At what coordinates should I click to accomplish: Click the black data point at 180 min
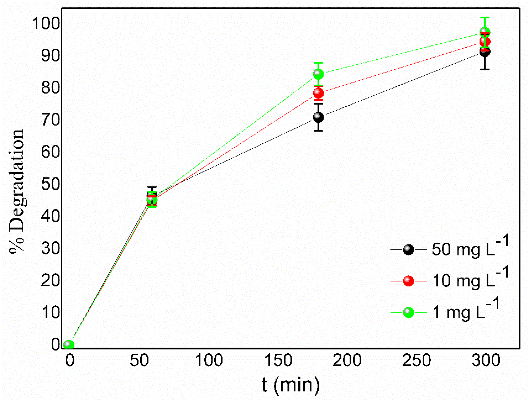tap(318, 117)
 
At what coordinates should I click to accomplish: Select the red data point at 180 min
tap(318, 93)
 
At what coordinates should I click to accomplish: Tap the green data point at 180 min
tap(318, 74)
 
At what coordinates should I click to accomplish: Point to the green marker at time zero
tap(69, 345)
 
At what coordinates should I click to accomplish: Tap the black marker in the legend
tap(408, 250)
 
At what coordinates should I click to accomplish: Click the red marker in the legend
tap(408, 281)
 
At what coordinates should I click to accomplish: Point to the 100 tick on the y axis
tap(46, 23)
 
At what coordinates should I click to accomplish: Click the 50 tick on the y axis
tap(50, 184)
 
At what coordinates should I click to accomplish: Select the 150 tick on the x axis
tap(278, 360)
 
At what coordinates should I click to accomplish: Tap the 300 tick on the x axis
tap(486, 360)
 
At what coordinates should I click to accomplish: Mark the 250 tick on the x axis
tap(416, 360)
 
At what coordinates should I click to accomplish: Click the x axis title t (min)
tap(290, 385)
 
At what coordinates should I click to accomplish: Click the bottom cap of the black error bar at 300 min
tap(485, 69)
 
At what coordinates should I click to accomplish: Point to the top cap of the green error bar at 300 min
tap(485, 18)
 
